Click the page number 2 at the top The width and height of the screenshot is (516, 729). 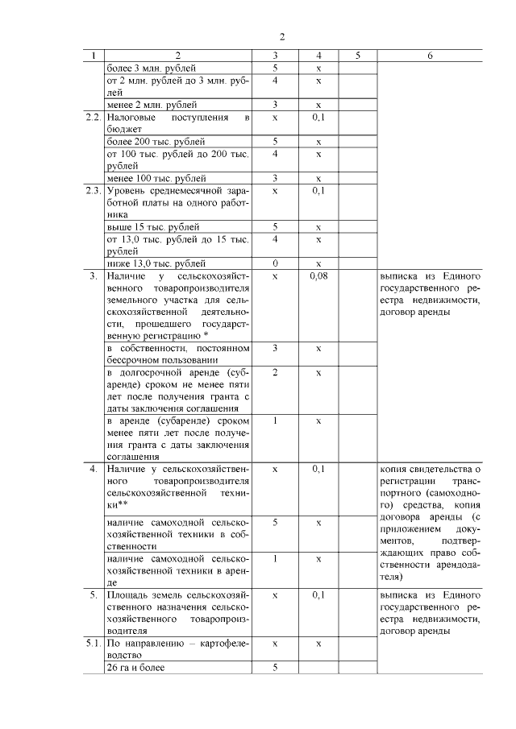point(282,36)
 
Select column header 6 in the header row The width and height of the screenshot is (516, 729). point(430,56)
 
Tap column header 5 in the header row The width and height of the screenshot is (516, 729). point(357,56)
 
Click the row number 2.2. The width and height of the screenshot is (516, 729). point(92,118)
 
